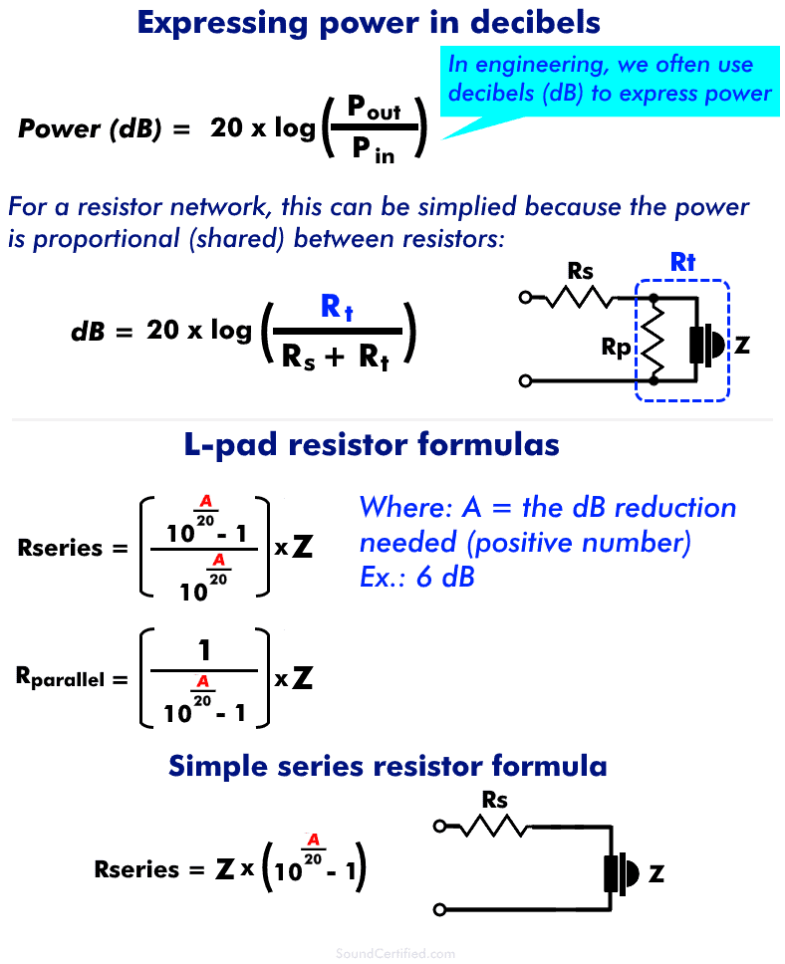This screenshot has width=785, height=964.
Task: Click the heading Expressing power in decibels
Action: [x=369, y=22]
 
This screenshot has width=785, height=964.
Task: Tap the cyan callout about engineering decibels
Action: [x=609, y=80]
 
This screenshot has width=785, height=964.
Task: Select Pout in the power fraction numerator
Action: [x=374, y=109]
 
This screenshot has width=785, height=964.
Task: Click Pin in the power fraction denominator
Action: [x=373, y=151]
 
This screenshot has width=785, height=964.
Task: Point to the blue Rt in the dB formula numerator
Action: [x=337, y=308]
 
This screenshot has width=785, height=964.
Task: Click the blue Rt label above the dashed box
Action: [x=682, y=263]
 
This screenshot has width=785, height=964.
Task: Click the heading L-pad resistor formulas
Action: [x=372, y=444]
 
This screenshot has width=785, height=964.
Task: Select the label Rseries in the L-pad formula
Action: [x=60, y=548]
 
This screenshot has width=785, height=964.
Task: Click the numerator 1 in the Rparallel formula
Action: [x=204, y=652]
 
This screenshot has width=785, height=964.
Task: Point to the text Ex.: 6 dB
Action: [x=416, y=578]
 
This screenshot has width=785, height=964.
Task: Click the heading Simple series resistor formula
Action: [x=388, y=765]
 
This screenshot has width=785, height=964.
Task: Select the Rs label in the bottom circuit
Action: [x=494, y=800]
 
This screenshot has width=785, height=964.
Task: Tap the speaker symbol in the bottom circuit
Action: [x=620, y=873]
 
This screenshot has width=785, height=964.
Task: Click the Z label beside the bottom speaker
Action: [x=655, y=874]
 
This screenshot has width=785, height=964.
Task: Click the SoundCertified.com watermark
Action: [x=396, y=953]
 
